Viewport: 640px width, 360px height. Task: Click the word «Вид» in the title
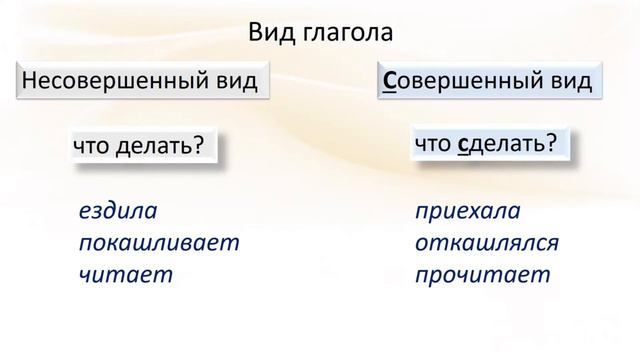(269, 32)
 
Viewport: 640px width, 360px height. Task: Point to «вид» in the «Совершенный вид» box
(567, 81)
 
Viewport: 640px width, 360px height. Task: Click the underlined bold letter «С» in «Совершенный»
(390, 81)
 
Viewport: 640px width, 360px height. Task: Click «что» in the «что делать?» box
(93, 146)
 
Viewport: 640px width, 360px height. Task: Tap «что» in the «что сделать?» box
(433, 144)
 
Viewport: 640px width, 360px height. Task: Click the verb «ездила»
(118, 212)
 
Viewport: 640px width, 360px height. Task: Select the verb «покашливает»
(159, 244)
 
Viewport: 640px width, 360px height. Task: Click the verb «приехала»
(468, 212)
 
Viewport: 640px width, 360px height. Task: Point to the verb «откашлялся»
(487, 244)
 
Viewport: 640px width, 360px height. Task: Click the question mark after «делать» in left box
(198, 146)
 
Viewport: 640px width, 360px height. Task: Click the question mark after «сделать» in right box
(551, 144)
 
